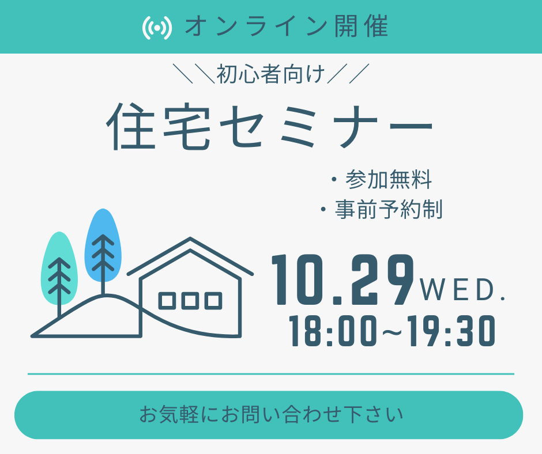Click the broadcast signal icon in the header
pos(157,27)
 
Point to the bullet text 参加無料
pos(389,179)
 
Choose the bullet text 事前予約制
pos(389,209)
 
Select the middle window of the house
pos(190,301)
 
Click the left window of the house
pos(167,301)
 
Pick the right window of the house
pos(213,301)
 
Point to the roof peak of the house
pos(190,239)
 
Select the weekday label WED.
pos(462,290)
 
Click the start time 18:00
pos(333,331)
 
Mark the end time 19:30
pos(451,331)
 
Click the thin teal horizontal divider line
pos(271,374)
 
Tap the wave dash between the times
pos(392,332)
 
